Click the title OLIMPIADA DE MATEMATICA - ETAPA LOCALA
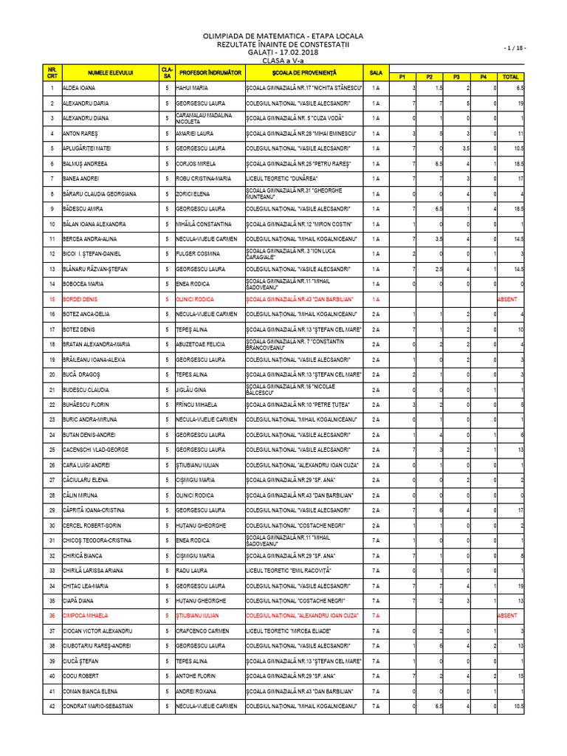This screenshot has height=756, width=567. (283, 36)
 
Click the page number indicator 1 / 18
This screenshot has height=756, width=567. (516, 48)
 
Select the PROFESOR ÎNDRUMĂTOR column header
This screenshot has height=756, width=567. (210, 72)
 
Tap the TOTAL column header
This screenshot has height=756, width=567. (510, 77)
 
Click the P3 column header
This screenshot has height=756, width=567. (456, 77)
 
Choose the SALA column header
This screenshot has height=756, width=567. (376, 72)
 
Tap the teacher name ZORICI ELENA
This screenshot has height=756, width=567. (193, 193)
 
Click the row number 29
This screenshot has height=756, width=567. (52, 510)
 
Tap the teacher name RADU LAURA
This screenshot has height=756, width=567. (191, 571)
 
